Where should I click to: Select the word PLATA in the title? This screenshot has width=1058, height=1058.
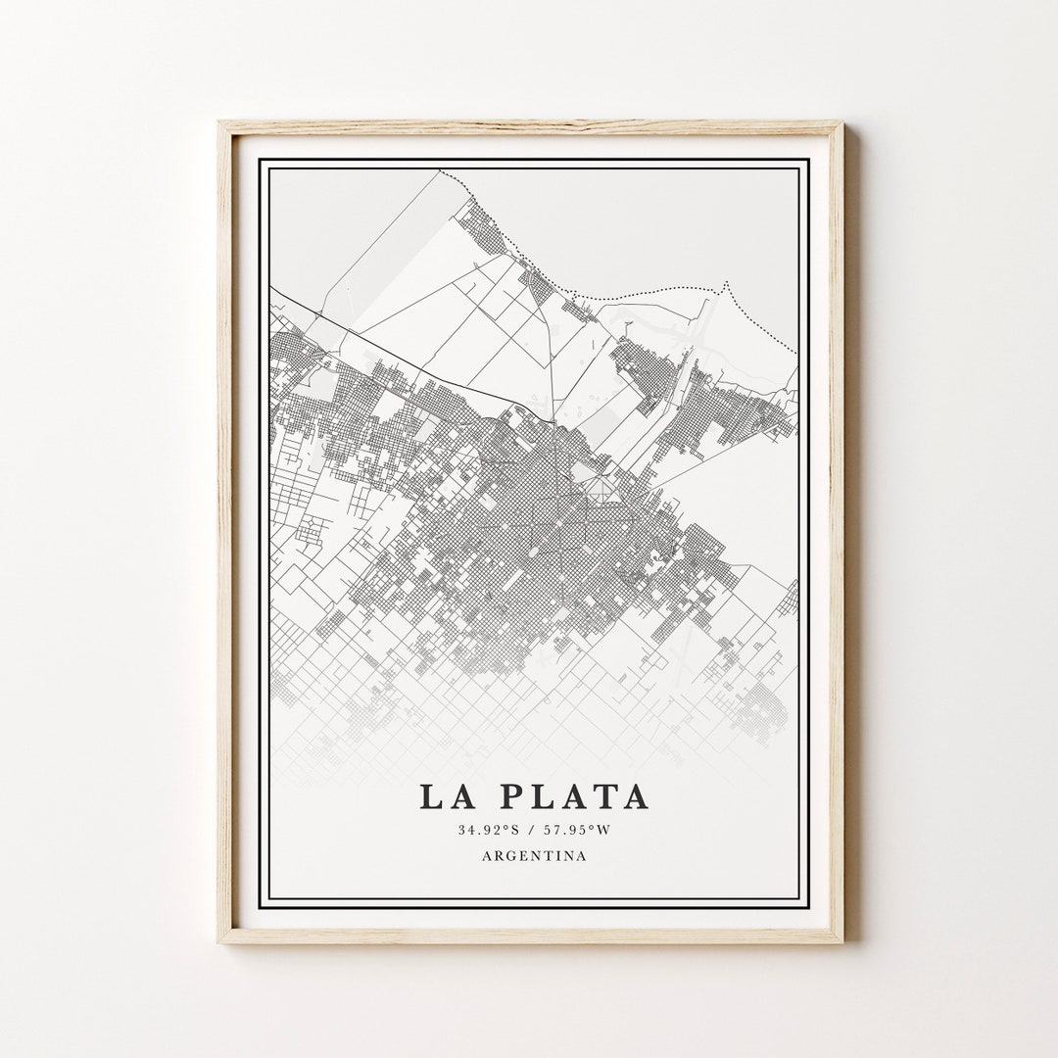click(x=574, y=795)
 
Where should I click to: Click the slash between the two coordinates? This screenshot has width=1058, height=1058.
click(x=534, y=831)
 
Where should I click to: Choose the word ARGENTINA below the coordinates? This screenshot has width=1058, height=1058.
click(x=534, y=855)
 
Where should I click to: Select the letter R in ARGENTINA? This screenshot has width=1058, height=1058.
click(x=499, y=855)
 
